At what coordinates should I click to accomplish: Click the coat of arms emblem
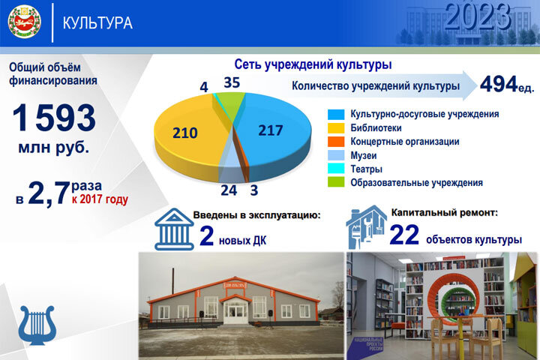tap(24, 22)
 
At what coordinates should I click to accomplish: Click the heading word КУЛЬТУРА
tap(97, 23)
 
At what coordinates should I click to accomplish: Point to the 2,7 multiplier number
tap(49, 193)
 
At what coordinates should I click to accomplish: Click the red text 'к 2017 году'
tap(100, 199)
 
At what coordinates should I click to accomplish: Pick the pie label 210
tap(184, 133)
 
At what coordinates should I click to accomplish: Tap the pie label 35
tap(232, 82)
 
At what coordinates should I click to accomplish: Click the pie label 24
tap(228, 190)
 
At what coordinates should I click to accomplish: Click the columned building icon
tap(173, 228)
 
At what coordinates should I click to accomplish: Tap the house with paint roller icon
tap(366, 226)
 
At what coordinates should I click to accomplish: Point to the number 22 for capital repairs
tap(403, 235)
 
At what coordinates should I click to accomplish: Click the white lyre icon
tap(34, 322)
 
